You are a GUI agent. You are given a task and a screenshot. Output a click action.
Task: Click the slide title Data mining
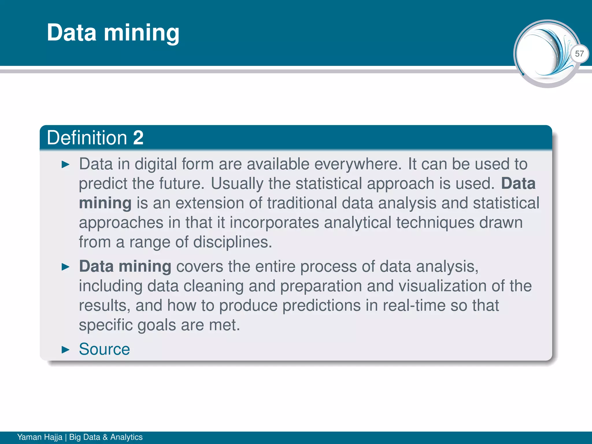pos(113,32)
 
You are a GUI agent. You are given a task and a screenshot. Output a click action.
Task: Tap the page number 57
pos(579,53)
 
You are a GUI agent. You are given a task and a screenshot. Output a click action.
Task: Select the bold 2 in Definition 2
pos(138,138)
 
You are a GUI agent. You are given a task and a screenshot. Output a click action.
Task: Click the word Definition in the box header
pos(87,138)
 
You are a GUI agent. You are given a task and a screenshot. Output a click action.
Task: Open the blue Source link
pos(104,349)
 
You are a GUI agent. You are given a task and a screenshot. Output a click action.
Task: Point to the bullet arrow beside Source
pos(66,350)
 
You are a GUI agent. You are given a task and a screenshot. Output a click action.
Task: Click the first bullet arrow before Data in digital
pos(66,165)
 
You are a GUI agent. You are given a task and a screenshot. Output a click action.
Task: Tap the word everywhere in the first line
pos(358,164)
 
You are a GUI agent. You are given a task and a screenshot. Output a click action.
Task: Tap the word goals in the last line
pos(156,325)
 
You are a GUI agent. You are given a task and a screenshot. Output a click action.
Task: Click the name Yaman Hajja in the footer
pos(40,437)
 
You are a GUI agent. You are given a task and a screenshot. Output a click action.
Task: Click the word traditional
pos(302,203)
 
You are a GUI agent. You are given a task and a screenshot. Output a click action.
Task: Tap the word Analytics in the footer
pos(126,437)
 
